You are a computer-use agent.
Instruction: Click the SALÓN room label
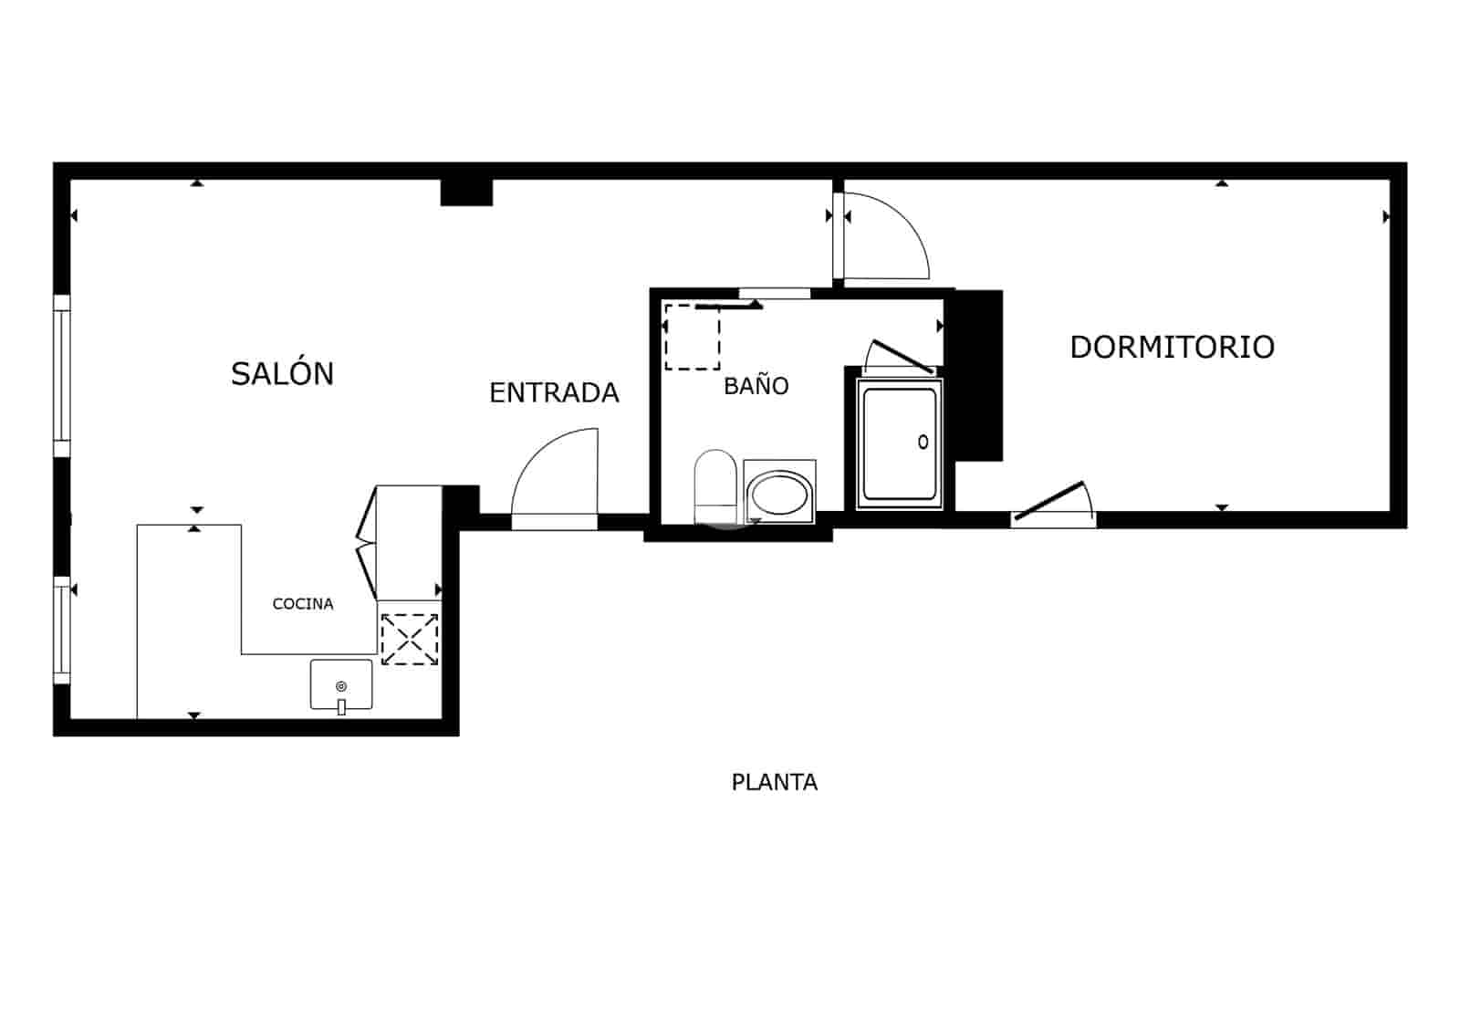click(282, 374)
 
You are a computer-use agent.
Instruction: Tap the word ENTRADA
click(554, 393)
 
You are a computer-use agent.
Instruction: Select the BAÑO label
click(756, 386)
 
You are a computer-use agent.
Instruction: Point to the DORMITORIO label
click(1172, 348)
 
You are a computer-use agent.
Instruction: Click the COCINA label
click(303, 604)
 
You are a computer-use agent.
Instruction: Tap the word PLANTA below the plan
click(774, 783)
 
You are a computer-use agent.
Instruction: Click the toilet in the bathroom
click(715, 484)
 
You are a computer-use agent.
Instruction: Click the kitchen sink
click(341, 683)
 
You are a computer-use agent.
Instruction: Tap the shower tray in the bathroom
click(900, 445)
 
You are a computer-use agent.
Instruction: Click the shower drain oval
click(923, 443)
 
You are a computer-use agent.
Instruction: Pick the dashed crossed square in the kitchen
click(410, 639)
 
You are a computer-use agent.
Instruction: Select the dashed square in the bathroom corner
click(692, 338)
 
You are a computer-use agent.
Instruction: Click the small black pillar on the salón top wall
click(466, 193)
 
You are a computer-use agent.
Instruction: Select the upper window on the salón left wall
click(62, 375)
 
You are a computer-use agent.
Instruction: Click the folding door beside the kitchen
click(367, 543)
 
